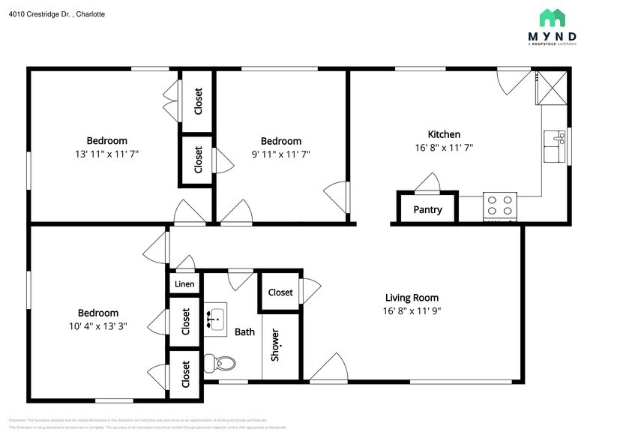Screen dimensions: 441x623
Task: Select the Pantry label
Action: (x=427, y=210)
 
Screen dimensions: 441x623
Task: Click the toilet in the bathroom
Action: (x=222, y=364)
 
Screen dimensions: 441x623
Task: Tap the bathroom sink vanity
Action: (x=216, y=319)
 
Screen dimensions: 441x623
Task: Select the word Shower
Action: (x=275, y=345)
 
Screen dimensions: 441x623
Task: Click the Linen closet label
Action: (x=184, y=284)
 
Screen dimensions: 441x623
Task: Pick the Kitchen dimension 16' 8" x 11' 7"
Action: (x=444, y=148)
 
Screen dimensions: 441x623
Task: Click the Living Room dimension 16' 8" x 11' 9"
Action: (x=412, y=311)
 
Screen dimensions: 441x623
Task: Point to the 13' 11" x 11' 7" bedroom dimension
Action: (x=106, y=154)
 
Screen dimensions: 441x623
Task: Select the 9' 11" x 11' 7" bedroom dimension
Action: (x=280, y=154)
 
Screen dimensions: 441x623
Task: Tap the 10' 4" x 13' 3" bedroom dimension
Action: (x=97, y=326)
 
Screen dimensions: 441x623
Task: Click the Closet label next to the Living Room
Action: (x=280, y=292)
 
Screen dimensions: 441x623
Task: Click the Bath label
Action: (x=244, y=332)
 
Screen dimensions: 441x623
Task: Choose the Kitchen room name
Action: (x=444, y=134)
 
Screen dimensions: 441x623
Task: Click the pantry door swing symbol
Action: (x=429, y=181)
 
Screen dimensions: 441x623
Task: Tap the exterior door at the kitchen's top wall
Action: (x=515, y=80)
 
